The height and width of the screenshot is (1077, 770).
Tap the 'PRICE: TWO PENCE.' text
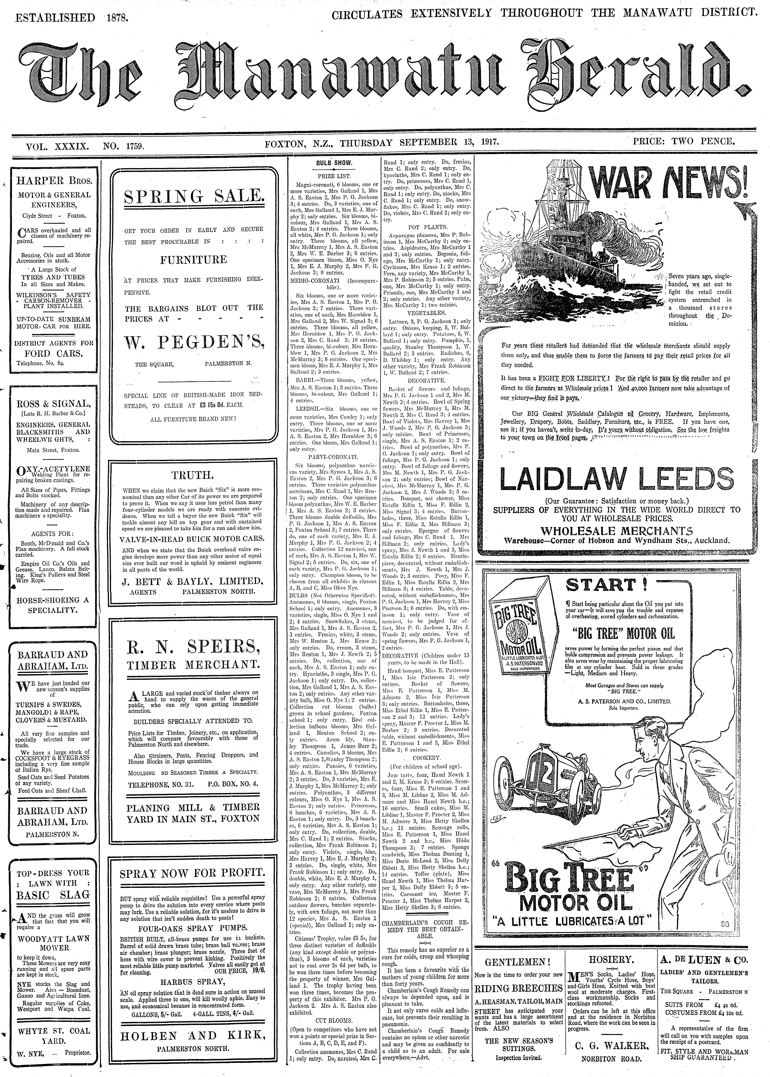point(684,141)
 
